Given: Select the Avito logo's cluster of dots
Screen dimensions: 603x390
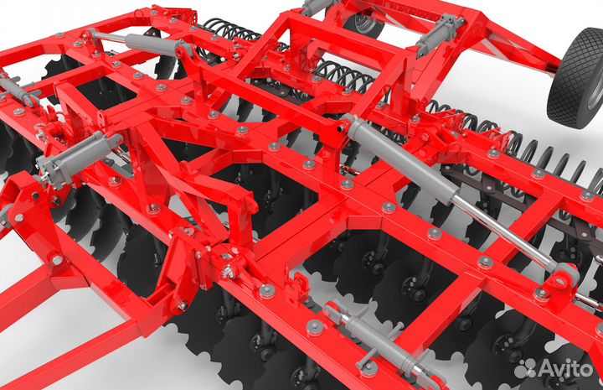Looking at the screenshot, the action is pos(525,368).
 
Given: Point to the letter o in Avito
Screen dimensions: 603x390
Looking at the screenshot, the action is pos(585,371).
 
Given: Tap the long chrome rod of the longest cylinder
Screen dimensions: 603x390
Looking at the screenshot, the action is pos(504,231).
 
